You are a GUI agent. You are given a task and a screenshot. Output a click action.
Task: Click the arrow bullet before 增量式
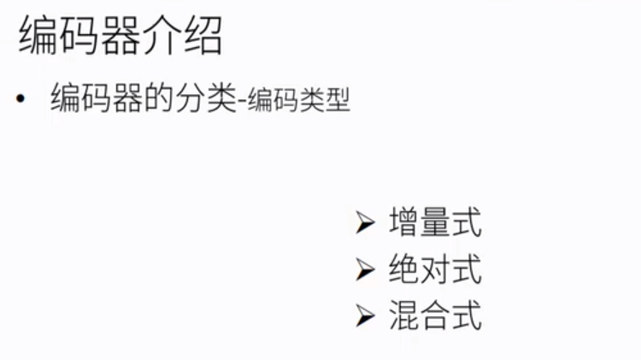tap(366, 224)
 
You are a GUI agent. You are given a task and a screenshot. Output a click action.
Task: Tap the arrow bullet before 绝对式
tap(366, 271)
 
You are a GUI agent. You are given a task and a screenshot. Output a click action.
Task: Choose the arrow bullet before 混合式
tap(366, 317)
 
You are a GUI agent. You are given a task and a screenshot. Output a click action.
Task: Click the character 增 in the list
tap(403, 223)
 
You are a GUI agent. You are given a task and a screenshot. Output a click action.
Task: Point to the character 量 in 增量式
tap(435, 223)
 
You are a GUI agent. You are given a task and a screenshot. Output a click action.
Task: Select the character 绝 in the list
tap(403, 270)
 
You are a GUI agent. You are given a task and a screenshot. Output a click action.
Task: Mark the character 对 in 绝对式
tap(435, 270)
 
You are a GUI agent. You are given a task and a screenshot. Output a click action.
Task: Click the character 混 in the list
tap(403, 316)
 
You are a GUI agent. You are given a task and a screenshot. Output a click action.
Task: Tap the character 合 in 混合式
tap(435, 316)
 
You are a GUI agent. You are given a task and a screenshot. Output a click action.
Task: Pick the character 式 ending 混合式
tap(467, 316)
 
